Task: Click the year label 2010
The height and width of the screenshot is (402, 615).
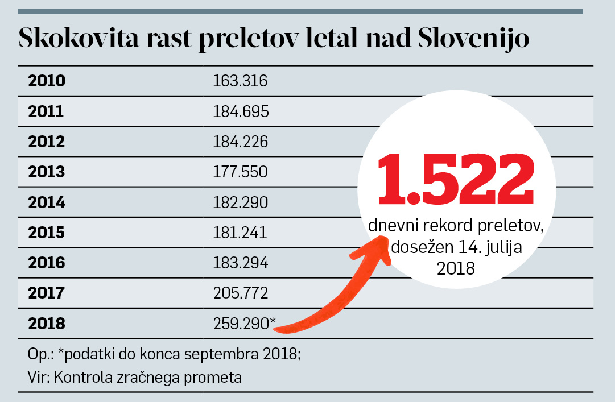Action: point(47,81)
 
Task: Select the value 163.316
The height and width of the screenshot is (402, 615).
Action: point(240,81)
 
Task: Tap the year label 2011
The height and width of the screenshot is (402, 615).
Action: point(46,111)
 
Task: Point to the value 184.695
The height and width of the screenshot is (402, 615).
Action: point(241,111)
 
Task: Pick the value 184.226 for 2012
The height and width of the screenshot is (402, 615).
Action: point(241,142)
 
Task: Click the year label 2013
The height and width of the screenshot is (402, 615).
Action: point(47,172)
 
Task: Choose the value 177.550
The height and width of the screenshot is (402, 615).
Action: point(240,172)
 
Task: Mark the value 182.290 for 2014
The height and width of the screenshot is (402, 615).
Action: point(241,202)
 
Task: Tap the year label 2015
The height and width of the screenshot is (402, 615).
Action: point(47,233)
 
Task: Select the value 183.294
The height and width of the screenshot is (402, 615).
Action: point(241,263)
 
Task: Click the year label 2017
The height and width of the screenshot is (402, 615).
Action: point(46,293)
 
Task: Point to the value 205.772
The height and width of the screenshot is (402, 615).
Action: point(241,293)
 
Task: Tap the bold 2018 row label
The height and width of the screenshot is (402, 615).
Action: point(47,324)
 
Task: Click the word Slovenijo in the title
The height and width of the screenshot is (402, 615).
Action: point(473,38)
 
